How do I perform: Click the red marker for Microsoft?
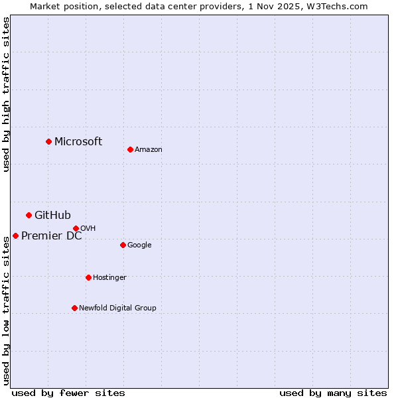tap(48, 141)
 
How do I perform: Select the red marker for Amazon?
tap(130, 149)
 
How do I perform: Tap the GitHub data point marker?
tap(29, 215)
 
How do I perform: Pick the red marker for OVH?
tap(76, 228)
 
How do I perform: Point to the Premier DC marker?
tap(15, 235)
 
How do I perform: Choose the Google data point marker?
tap(123, 245)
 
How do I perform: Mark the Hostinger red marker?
tap(88, 277)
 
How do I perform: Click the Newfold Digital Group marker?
tap(74, 308)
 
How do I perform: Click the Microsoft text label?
tap(78, 141)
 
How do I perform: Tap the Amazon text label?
tap(149, 149)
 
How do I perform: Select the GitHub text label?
tap(52, 215)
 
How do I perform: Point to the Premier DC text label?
tap(52, 235)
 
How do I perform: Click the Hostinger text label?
tap(109, 277)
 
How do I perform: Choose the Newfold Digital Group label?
tap(117, 308)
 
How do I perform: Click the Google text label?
tap(139, 245)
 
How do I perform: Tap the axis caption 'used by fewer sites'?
tap(68, 393)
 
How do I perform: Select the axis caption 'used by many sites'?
tap(333, 393)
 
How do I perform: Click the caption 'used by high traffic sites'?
tap(6, 94)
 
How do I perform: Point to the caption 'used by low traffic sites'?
tap(6, 310)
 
